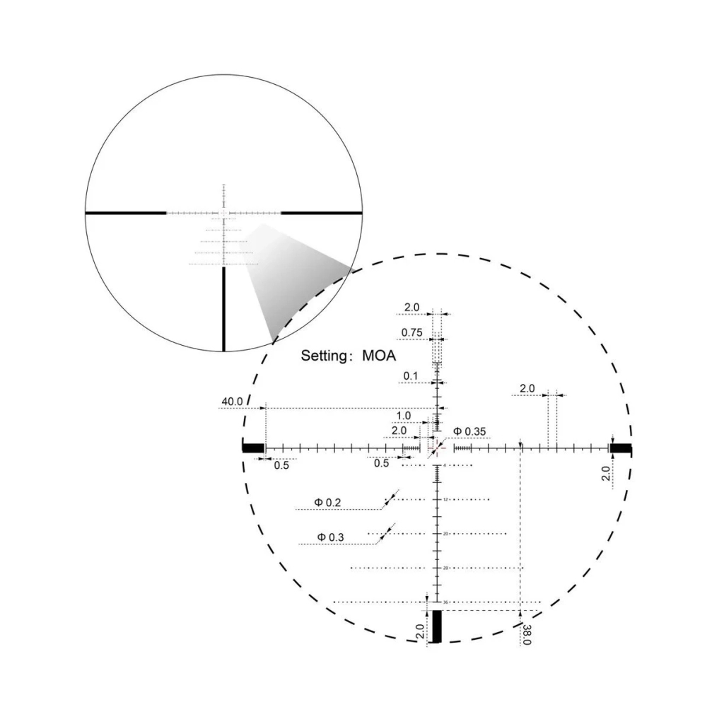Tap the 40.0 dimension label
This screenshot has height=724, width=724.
tap(232, 402)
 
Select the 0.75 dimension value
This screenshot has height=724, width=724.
tap(411, 332)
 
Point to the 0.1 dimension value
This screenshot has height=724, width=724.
tap(411, 375)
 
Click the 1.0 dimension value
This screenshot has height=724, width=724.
tap(403, 416)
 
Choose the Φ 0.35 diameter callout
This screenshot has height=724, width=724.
tap(469, 431)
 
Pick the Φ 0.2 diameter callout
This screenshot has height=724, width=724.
tap(328, 503)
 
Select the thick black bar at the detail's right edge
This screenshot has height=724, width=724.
tap(621, 448)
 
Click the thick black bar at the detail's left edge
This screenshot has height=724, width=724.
tap(252, 448)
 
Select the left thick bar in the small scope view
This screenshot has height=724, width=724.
tap(125, 212)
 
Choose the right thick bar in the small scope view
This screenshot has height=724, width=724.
tap(322, 212)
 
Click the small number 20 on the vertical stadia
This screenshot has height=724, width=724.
tap(445, 534)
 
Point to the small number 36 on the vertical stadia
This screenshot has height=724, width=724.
tap(445, 602)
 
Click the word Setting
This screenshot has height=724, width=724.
tap(325, 355)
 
